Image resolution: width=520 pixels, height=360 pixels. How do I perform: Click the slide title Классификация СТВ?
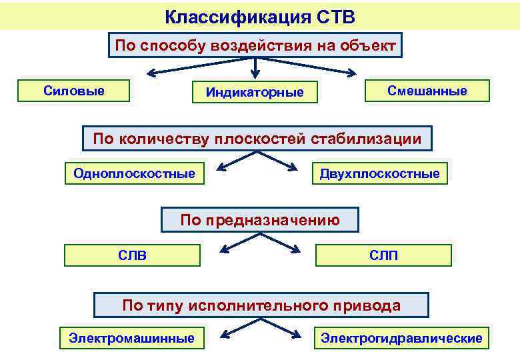pos(260,15)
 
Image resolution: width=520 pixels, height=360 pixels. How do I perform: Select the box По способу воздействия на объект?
pos(255,47)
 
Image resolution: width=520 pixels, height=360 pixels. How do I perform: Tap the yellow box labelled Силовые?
pos(74,91)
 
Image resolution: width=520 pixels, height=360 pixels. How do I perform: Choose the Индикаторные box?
pos(255,92)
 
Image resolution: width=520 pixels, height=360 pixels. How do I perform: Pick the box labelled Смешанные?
pos(427,91)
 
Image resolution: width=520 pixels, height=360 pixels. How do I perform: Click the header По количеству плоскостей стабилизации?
pos(257,139)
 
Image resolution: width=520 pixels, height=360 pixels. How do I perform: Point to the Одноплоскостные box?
pos(135,174)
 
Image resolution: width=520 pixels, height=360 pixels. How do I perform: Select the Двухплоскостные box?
pos(379,174)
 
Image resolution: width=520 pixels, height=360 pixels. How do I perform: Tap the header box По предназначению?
pos(260,220)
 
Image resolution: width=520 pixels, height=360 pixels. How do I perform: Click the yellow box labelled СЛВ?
pos(132,255)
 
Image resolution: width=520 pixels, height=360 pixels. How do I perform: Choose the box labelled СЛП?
pos(383,255)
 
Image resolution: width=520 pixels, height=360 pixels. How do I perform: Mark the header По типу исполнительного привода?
pos(261,305)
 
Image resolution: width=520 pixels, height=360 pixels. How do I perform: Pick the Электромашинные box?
pos(132,338)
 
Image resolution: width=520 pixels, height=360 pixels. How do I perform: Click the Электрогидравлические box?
pos(401,338)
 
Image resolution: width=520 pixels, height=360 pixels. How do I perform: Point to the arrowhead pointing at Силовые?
pos(152,73)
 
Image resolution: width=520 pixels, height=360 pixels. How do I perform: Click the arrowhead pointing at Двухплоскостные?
pos(293,167)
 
